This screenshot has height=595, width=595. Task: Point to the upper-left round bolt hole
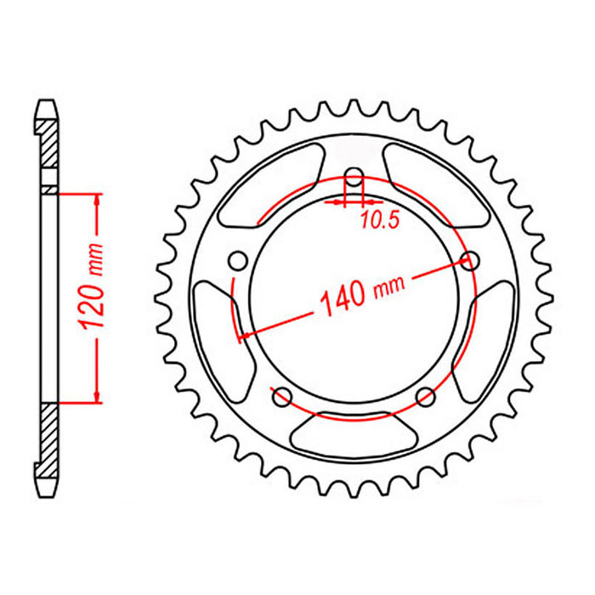point(238,259)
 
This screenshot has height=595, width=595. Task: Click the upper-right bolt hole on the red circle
point(467,261)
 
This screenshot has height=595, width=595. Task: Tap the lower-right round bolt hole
point(427,396)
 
